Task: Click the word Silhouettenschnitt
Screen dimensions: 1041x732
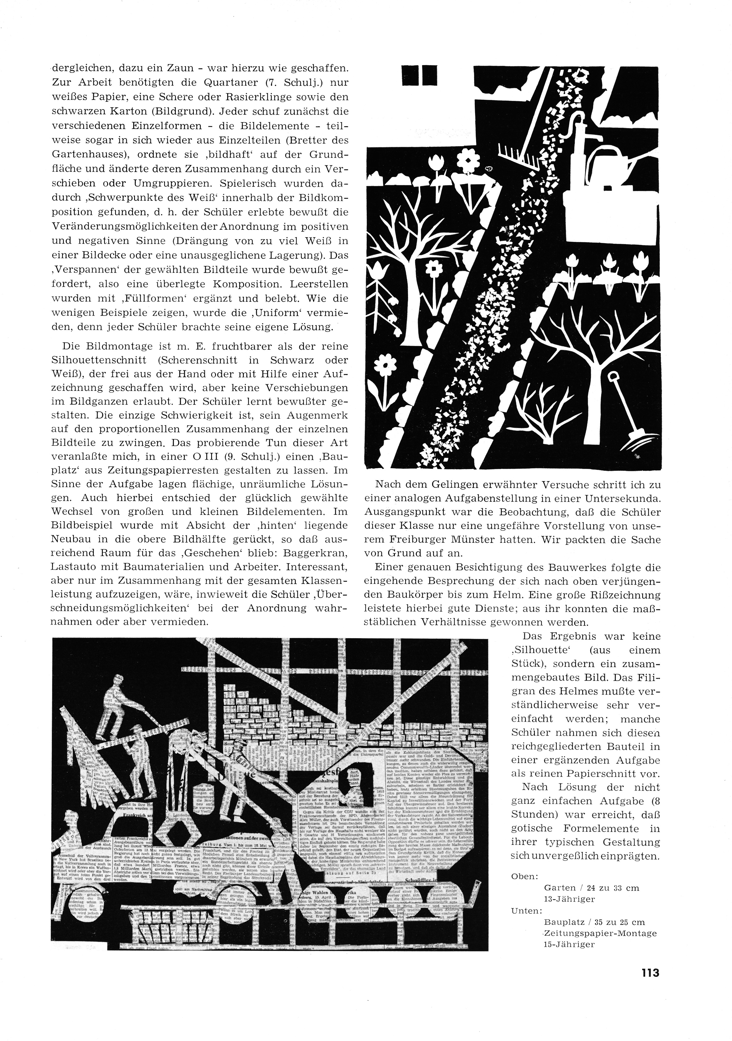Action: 112,360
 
